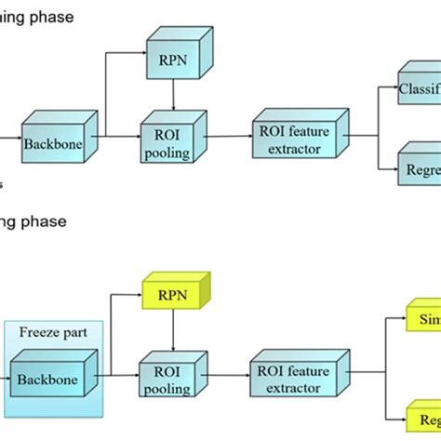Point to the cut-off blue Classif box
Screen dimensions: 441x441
tap(421, 91)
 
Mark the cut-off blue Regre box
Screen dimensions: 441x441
tap(421, 171)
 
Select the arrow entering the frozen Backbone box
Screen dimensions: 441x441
tap(7, 380)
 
